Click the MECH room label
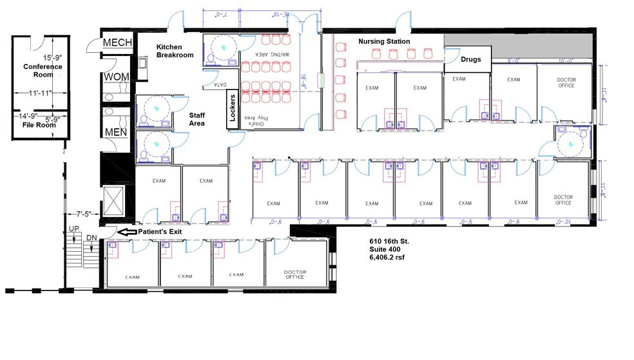click(117, 43)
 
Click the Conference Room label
click(43, 71)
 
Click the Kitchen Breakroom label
click(175, 51)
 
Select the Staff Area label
click(197, 118)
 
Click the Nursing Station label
click(384, 42)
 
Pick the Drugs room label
click(470, 59)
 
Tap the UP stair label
click(74, 229)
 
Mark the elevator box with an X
click(112, 200)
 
